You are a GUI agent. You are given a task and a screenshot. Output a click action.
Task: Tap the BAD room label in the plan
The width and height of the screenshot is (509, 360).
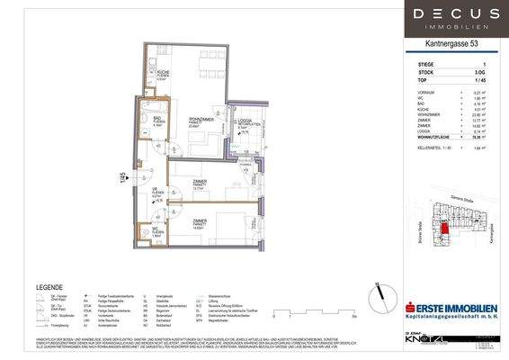tap(156, 121)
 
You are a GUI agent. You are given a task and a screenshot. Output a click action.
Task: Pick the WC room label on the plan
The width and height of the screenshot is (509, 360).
tap(156, 229)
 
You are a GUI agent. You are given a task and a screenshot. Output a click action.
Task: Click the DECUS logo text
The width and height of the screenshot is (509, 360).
tap(458, 14)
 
